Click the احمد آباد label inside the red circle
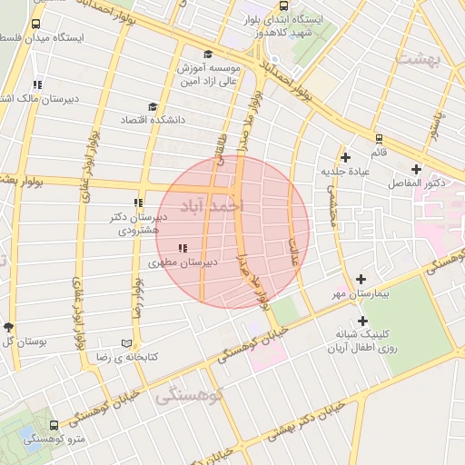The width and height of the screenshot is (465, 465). tap(213, 204)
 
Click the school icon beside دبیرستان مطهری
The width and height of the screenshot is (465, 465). tap(183, 247)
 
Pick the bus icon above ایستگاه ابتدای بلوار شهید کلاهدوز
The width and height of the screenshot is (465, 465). tap(284, 5)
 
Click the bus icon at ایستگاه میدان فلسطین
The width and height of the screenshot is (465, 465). tap(35, 25)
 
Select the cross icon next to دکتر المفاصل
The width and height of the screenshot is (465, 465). tap(417, 169)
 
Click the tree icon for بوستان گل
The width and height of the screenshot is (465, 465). tap(9, 326)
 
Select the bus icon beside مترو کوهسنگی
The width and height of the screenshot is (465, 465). tap(54, 425)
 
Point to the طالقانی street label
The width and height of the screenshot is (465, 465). tap(220, 151)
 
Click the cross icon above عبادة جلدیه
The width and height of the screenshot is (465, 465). tap(345, 156)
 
